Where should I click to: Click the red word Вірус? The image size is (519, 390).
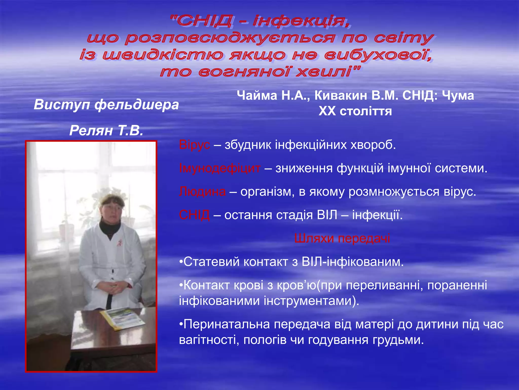point(194,145)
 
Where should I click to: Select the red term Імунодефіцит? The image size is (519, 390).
point(219,168)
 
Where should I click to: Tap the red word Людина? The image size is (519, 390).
point(202,192)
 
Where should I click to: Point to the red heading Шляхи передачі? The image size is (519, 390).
point(342,238)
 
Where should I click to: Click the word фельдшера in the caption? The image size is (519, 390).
point(137,105)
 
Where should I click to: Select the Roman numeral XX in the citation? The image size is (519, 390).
point(327,111)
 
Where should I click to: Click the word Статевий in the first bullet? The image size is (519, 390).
point(211,262)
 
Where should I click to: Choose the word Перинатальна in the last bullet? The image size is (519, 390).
point(227,324)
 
